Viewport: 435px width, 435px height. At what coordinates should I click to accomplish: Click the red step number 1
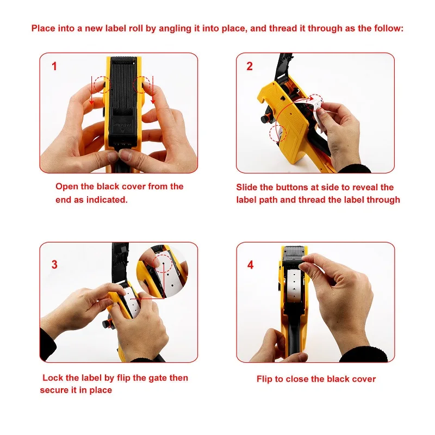(54, 66)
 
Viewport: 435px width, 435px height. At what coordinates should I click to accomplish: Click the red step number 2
(250, 66)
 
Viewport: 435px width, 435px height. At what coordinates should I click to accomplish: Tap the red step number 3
(54, 264)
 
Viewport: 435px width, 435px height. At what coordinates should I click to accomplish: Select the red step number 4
(250, 265)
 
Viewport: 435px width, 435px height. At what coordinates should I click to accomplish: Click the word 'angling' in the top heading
(175, 29)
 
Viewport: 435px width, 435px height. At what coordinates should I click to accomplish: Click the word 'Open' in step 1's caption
(67, 187)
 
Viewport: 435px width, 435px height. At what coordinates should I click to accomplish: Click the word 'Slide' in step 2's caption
(247, 187)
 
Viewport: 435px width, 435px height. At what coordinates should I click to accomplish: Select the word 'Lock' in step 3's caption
(53, 378)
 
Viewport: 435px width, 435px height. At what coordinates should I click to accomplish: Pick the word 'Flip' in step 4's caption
(264, 379)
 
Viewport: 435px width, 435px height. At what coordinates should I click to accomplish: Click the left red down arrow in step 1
(91, 89)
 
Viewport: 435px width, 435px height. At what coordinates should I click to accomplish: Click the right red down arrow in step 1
(153, 90)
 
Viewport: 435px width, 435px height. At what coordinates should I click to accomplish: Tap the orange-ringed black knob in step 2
(266, 118)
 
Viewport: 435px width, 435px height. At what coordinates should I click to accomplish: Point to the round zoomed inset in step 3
(162, 271)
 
